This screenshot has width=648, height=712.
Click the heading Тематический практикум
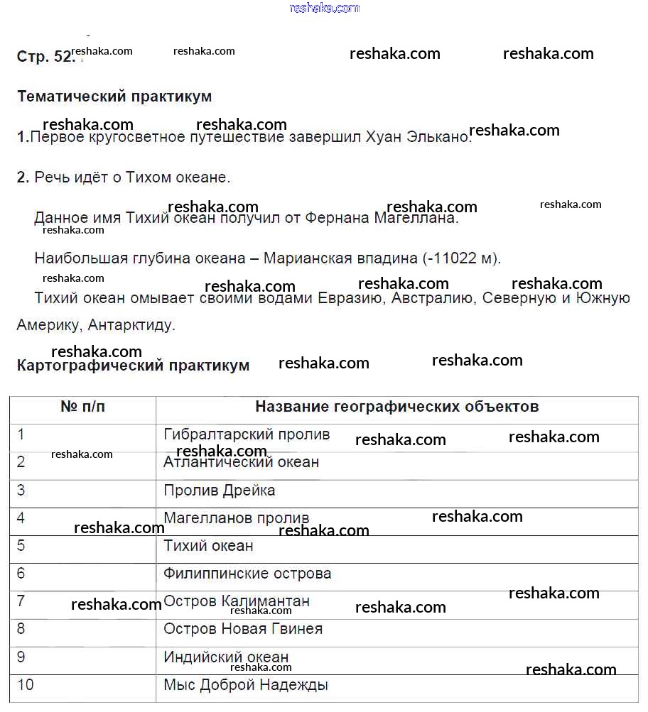(114, 96)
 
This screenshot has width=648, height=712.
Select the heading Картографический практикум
(133, 366)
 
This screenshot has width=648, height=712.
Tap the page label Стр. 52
(45, 57)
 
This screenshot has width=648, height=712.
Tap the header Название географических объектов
(396, 407)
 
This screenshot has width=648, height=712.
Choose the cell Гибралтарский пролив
(247, 434)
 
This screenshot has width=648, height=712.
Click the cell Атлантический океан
(241, 462)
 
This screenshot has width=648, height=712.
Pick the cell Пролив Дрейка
(219, 491)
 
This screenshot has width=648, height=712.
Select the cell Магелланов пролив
(236, 518)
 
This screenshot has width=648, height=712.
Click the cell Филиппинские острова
(247, 574)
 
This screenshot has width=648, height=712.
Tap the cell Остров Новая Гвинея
(242, 629)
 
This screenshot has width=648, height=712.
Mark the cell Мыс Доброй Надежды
(245, 685)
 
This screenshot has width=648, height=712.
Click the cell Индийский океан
(226, 657)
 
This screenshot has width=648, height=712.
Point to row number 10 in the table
(25, 685)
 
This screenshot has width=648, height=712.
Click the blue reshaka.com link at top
(324, 8)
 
